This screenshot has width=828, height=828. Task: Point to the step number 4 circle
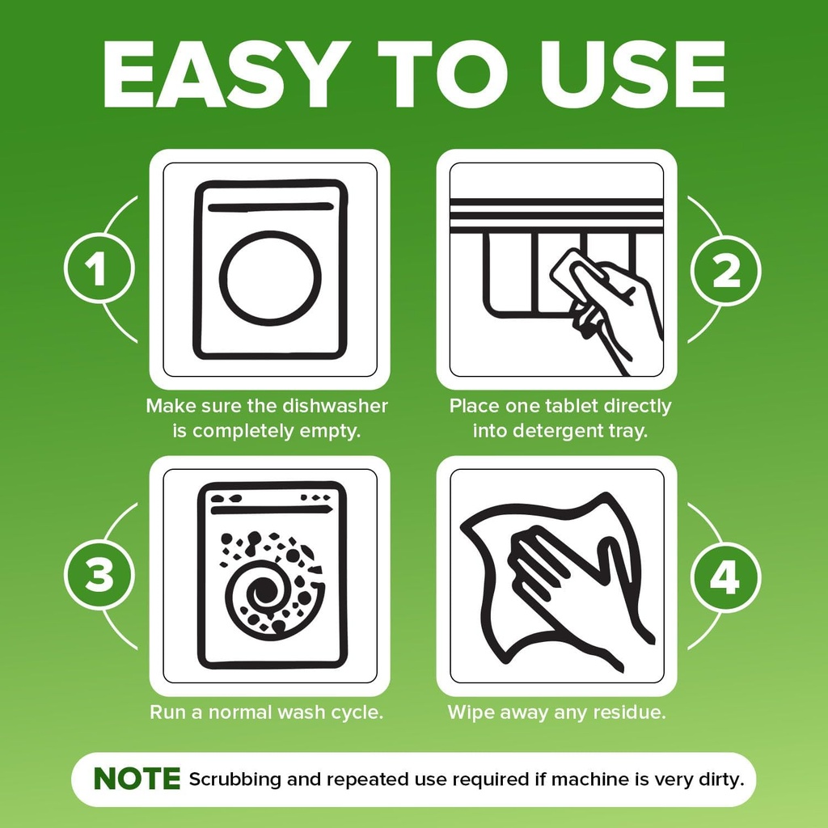pyautogui.click(x=725, y=577)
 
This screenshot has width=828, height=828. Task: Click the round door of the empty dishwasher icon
pyautogui.click(x=270, y=278)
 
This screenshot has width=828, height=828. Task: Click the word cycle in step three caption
pyautogui.click(x=356, y=713)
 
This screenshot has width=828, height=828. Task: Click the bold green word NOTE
pyautogui.click(x=137, y=779)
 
